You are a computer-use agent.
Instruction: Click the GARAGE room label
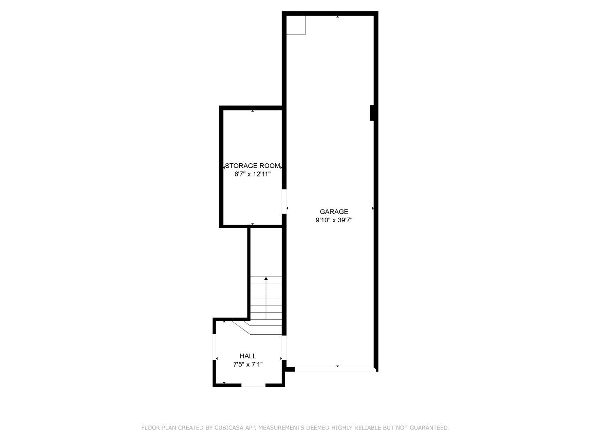click(x=334, y=212)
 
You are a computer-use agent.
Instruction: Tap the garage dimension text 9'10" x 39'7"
click(x=334, y=220)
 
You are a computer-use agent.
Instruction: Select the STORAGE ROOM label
click(x=252, y=166)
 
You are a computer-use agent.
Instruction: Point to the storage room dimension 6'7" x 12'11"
click(x=252, y=174)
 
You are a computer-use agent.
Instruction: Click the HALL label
click(x=248, y=356)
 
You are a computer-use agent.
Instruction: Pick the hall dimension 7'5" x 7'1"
click(x=248, y=364)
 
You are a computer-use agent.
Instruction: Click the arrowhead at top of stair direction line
click(x=266, y=279)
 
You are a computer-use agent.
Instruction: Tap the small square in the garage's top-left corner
click(x=295, y=25)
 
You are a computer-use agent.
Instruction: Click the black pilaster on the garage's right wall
click(x=372, y=113)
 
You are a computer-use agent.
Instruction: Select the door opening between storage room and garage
click(x=284, y=201)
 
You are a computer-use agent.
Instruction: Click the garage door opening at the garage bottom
click(x=334, y=370)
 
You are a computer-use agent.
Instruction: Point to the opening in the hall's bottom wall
click(x=253, y=385)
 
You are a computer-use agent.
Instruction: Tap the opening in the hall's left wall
click(x=214, y=346)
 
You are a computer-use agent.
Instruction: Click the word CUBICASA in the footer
click(x=230, y=428)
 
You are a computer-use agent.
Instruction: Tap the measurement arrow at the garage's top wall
click(x=337, y=17)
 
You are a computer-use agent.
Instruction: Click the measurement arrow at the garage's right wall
click(x=373, y=208)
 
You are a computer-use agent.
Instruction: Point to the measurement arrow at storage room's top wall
click(x=252, y=111)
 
